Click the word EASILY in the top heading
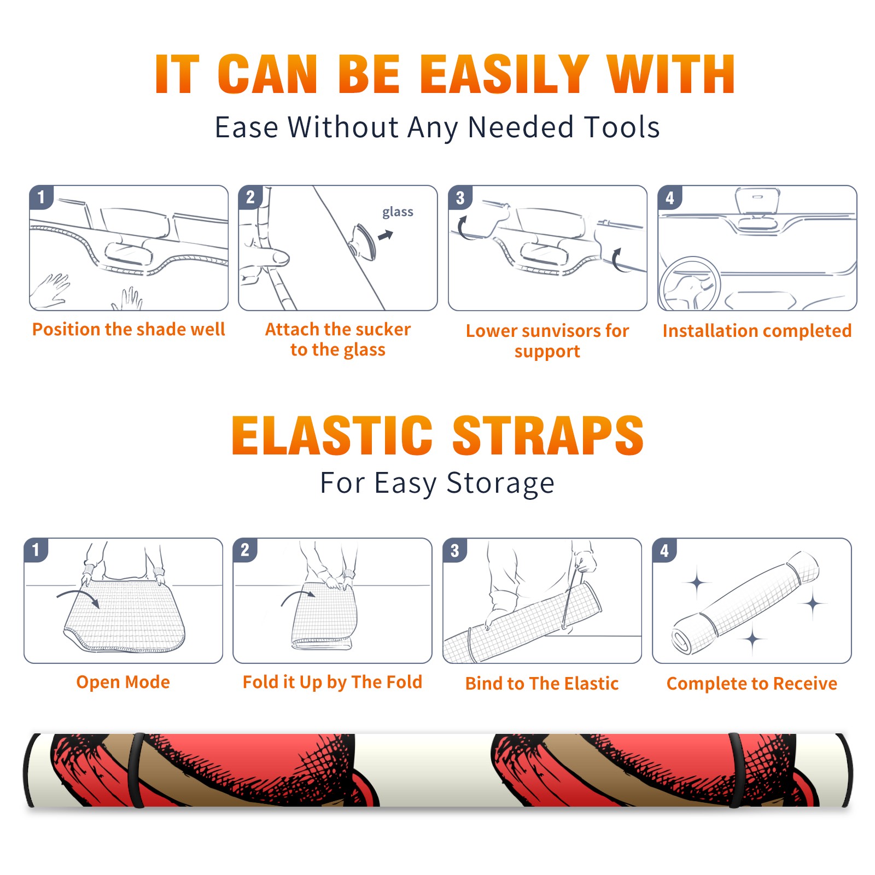(x=504, y=74)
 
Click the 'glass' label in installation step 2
(x=398, y=212)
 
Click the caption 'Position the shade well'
(x=129, y=329)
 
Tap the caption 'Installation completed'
(x=757, y=330)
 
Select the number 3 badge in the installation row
(x=460, y=198)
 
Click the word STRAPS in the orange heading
(x=548, y=435)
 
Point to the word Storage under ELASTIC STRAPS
(x=500, y=483)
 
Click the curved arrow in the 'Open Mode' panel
(x=78, y=597)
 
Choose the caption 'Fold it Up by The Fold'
(x=332, y=682)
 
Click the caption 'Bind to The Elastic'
(x=542, y=684)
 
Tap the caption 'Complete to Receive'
(x=752, y=684)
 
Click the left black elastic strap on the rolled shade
(x=136, y=771)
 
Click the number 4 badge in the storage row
(x=664, y=550)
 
